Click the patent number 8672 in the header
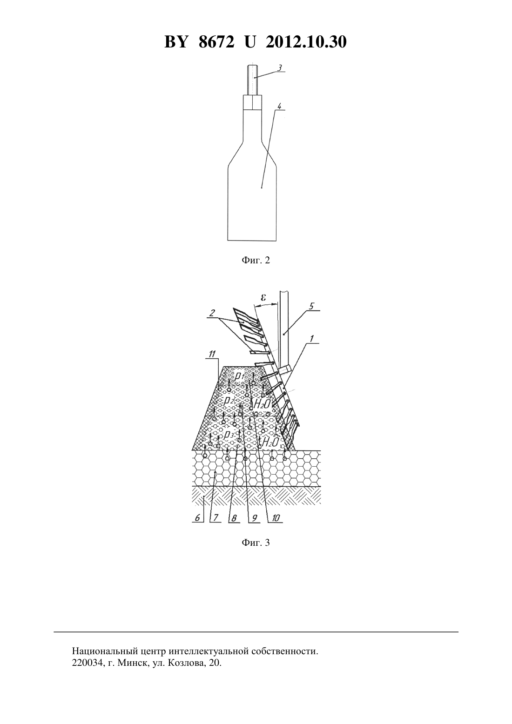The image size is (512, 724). [216, 42]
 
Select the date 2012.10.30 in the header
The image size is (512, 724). [306, 42]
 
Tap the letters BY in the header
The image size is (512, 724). [176, 42]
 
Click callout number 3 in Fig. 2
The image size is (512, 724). [280, 68]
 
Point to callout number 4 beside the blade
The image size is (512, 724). [279, 107]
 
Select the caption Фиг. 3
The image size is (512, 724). [256, 543]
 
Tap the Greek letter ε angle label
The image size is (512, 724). [263, 297]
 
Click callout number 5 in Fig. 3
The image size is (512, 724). [311, 306]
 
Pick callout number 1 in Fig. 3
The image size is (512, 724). [311, 338]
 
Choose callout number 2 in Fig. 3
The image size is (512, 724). [212, 313]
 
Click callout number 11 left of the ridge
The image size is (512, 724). [212, 354]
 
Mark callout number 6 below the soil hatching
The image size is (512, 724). [197, 518]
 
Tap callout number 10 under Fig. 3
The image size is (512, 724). [276, 518]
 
